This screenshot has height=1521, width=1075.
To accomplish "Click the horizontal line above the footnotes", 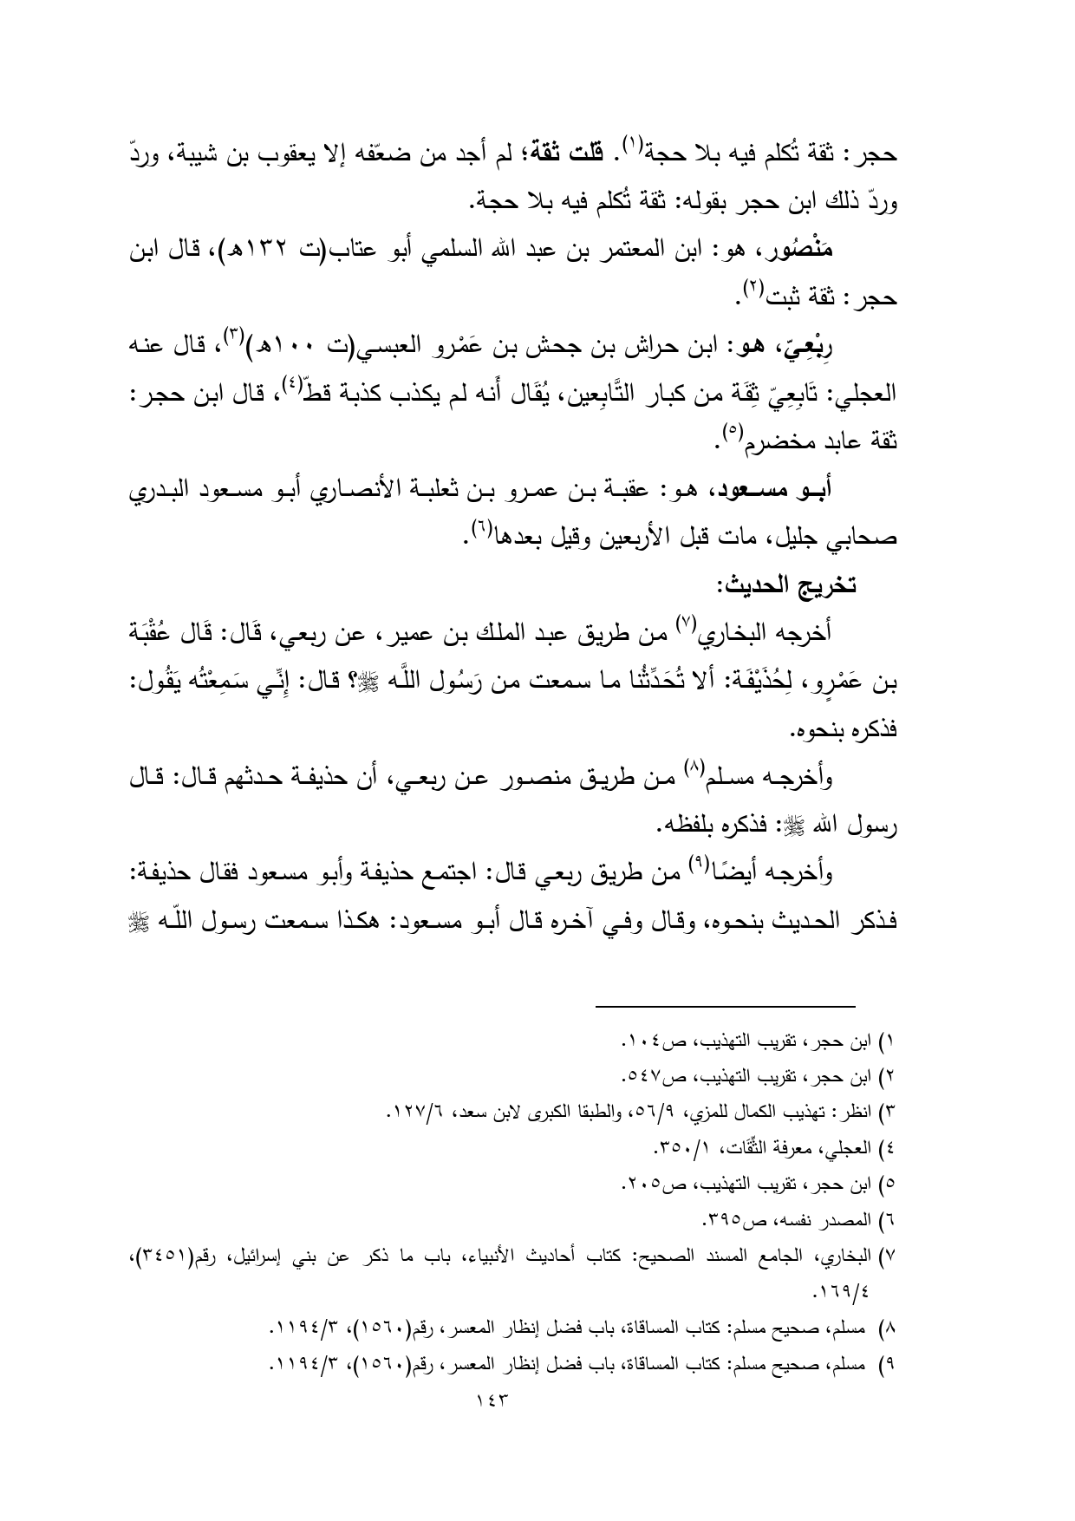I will pos(725,1006).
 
